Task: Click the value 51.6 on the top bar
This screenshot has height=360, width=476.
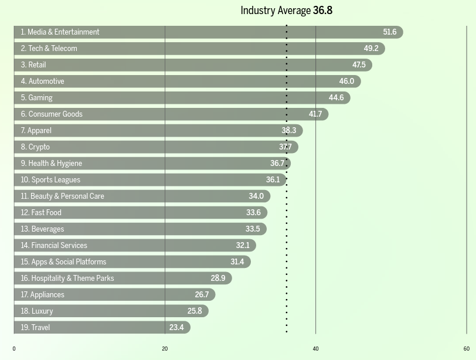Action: (x=390, y=32)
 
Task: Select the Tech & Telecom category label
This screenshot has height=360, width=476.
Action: (x=49, y=49)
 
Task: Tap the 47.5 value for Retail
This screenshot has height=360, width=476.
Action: (x=359, y=65)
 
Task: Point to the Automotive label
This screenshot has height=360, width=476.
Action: (x=42, y=81)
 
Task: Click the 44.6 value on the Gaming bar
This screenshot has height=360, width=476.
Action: (x=336, y=98)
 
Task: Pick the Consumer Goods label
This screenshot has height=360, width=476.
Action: (x=52, y=114)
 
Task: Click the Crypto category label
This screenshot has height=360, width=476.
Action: (x=35, y=147)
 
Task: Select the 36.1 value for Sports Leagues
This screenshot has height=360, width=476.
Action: (x=273, y=180)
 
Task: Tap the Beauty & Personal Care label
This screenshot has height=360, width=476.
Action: (x=62, y=196)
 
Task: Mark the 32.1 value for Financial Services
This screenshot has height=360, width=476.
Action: (x=243, y=246)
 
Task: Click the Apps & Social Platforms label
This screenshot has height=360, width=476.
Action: (x=63, y=262)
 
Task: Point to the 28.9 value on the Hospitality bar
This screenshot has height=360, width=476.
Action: (x=218, y=279)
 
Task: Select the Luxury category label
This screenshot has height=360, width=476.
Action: (x=37, y=311)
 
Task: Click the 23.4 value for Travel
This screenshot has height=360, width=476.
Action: (x=176, y=328)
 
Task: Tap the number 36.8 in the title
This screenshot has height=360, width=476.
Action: (x=322, y=11)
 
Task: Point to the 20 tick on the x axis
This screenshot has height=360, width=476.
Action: (x=165, y=349)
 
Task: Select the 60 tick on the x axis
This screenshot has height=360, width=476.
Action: (x=467, y=349)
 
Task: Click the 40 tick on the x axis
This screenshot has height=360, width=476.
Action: (x=315, y=349)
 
